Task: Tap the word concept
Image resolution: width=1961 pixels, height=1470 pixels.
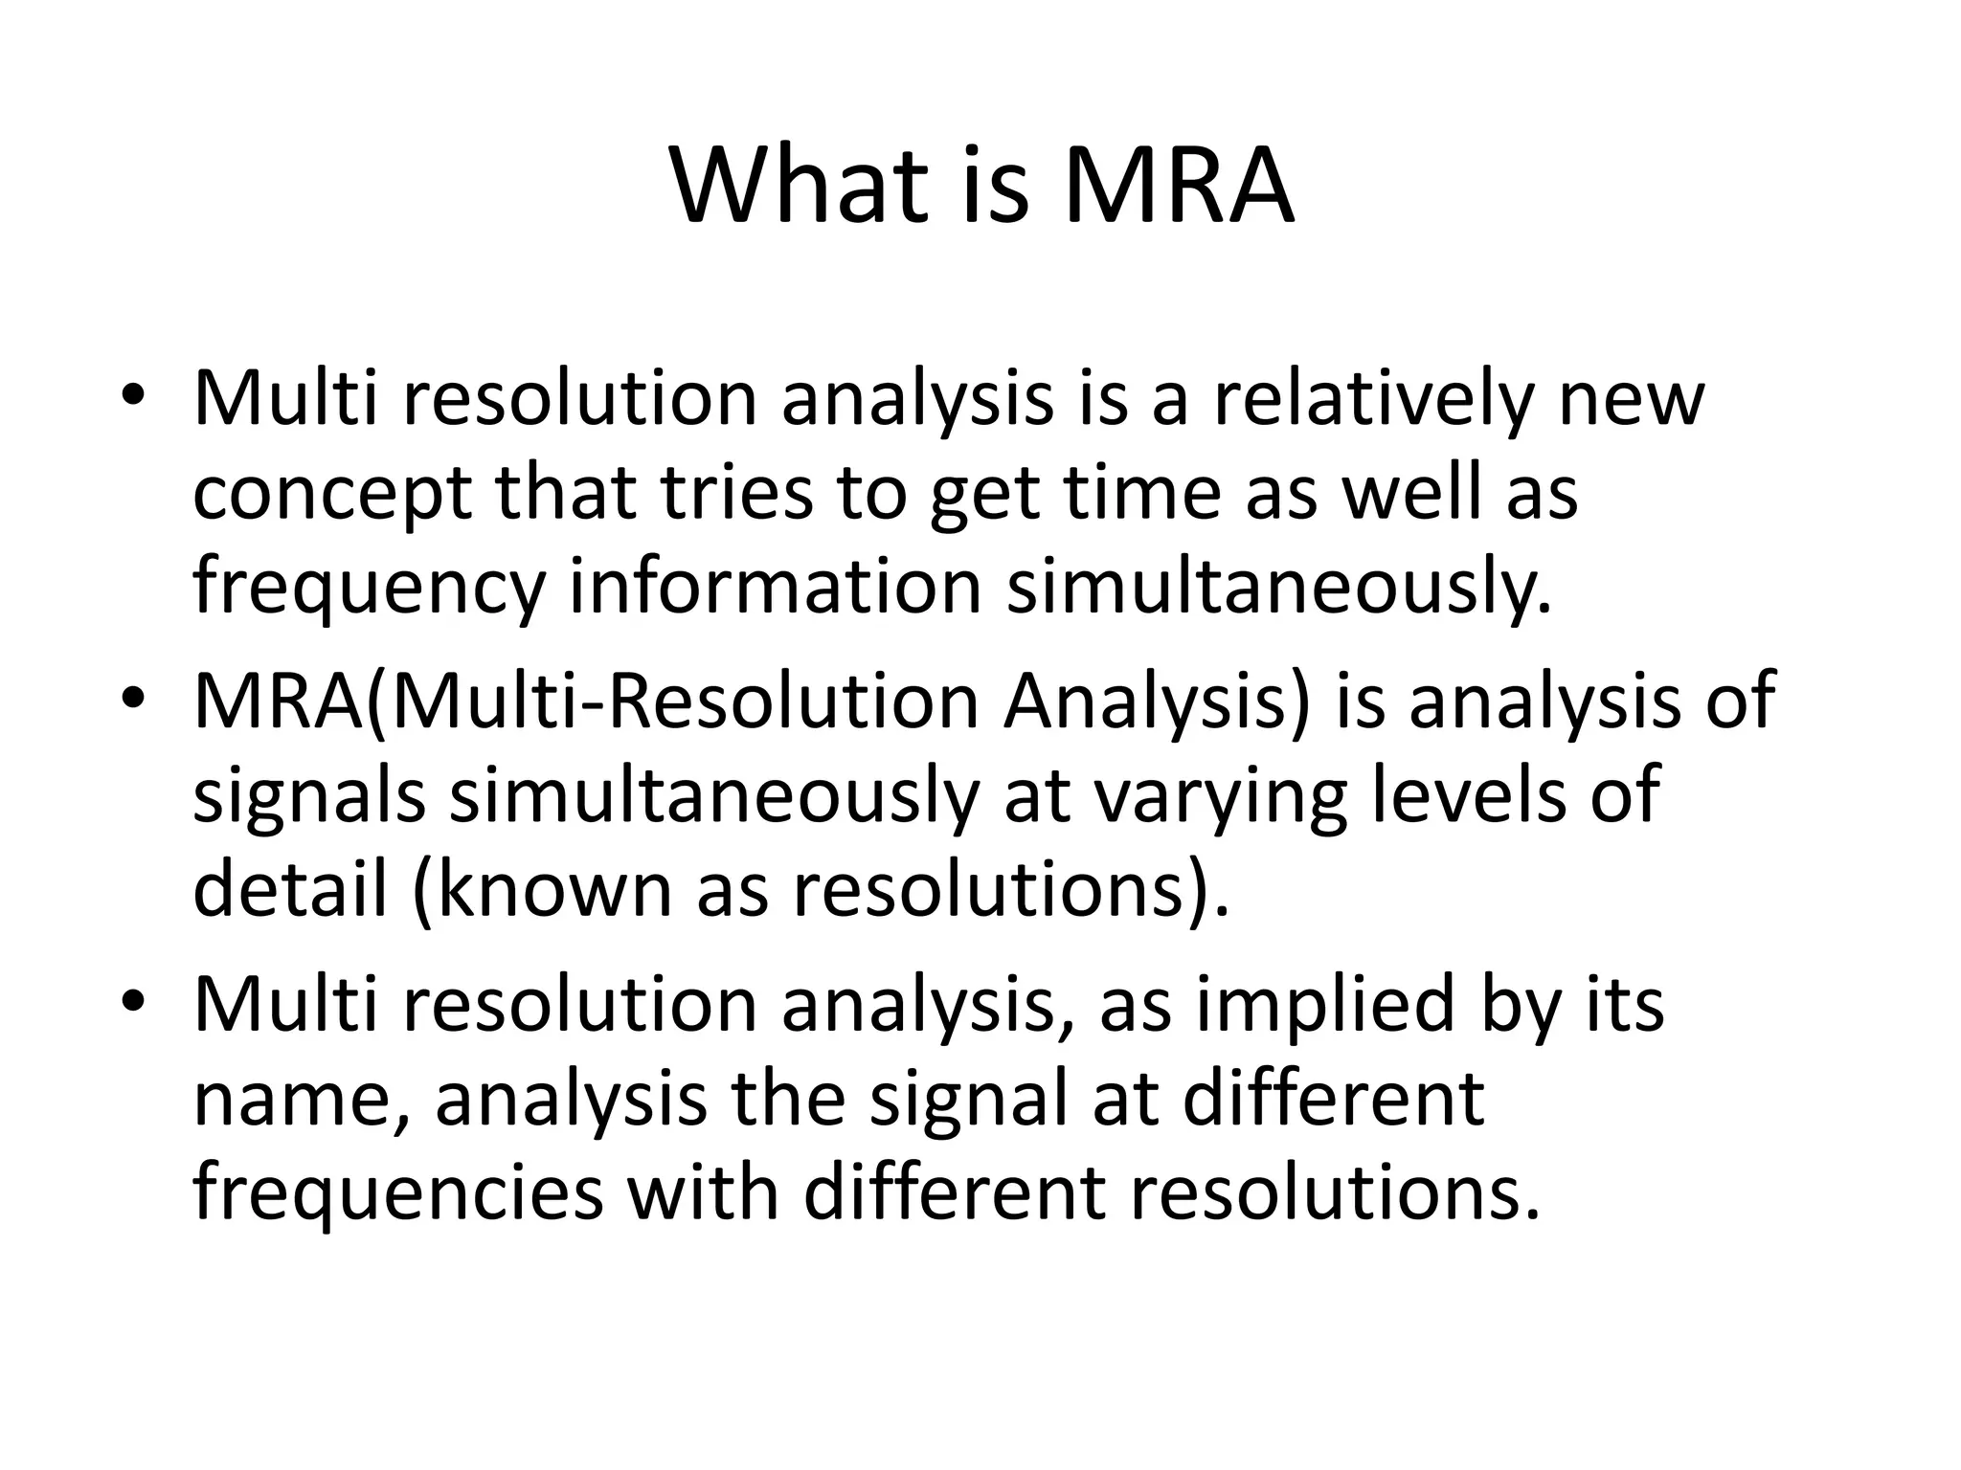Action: pyautogui.click(x=332, y=494)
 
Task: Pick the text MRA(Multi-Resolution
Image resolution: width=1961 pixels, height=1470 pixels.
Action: pyautogui.click(x=586, y=701)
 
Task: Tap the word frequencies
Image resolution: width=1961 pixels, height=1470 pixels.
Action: pyautogui.click(x=397, y=1192)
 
